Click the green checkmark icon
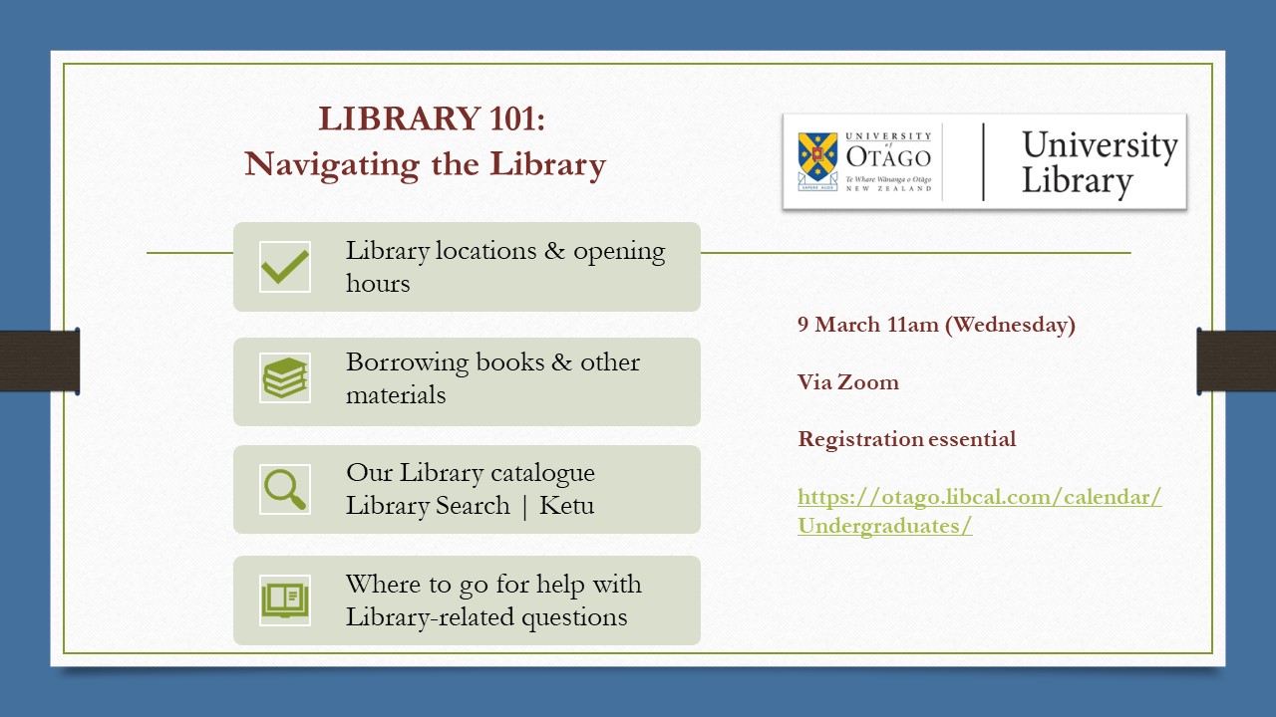tap(284, 267)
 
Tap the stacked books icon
tap(284, 378)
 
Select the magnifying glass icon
tap(284, 489)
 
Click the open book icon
tap(284, 599)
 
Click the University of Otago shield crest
tap(817, 160)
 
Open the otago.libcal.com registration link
tap(979, 511)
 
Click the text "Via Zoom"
tap(847, 382)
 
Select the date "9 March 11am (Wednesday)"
tap(936, 325)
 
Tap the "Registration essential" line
tap(906, 439)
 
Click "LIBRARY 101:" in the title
tap(432, 119)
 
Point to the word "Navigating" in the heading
tap(332, 164)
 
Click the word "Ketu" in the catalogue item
tap(566, 505)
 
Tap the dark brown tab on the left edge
tap(40, 360)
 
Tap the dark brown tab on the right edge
tap(1236, 360)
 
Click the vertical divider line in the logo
tap(983, 161)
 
